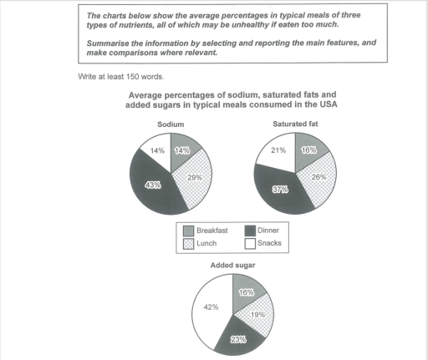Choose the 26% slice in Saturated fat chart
coord(318,177)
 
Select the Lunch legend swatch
coord(186,243)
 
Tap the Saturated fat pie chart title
coord(293,124)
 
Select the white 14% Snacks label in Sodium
coord(156,151)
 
